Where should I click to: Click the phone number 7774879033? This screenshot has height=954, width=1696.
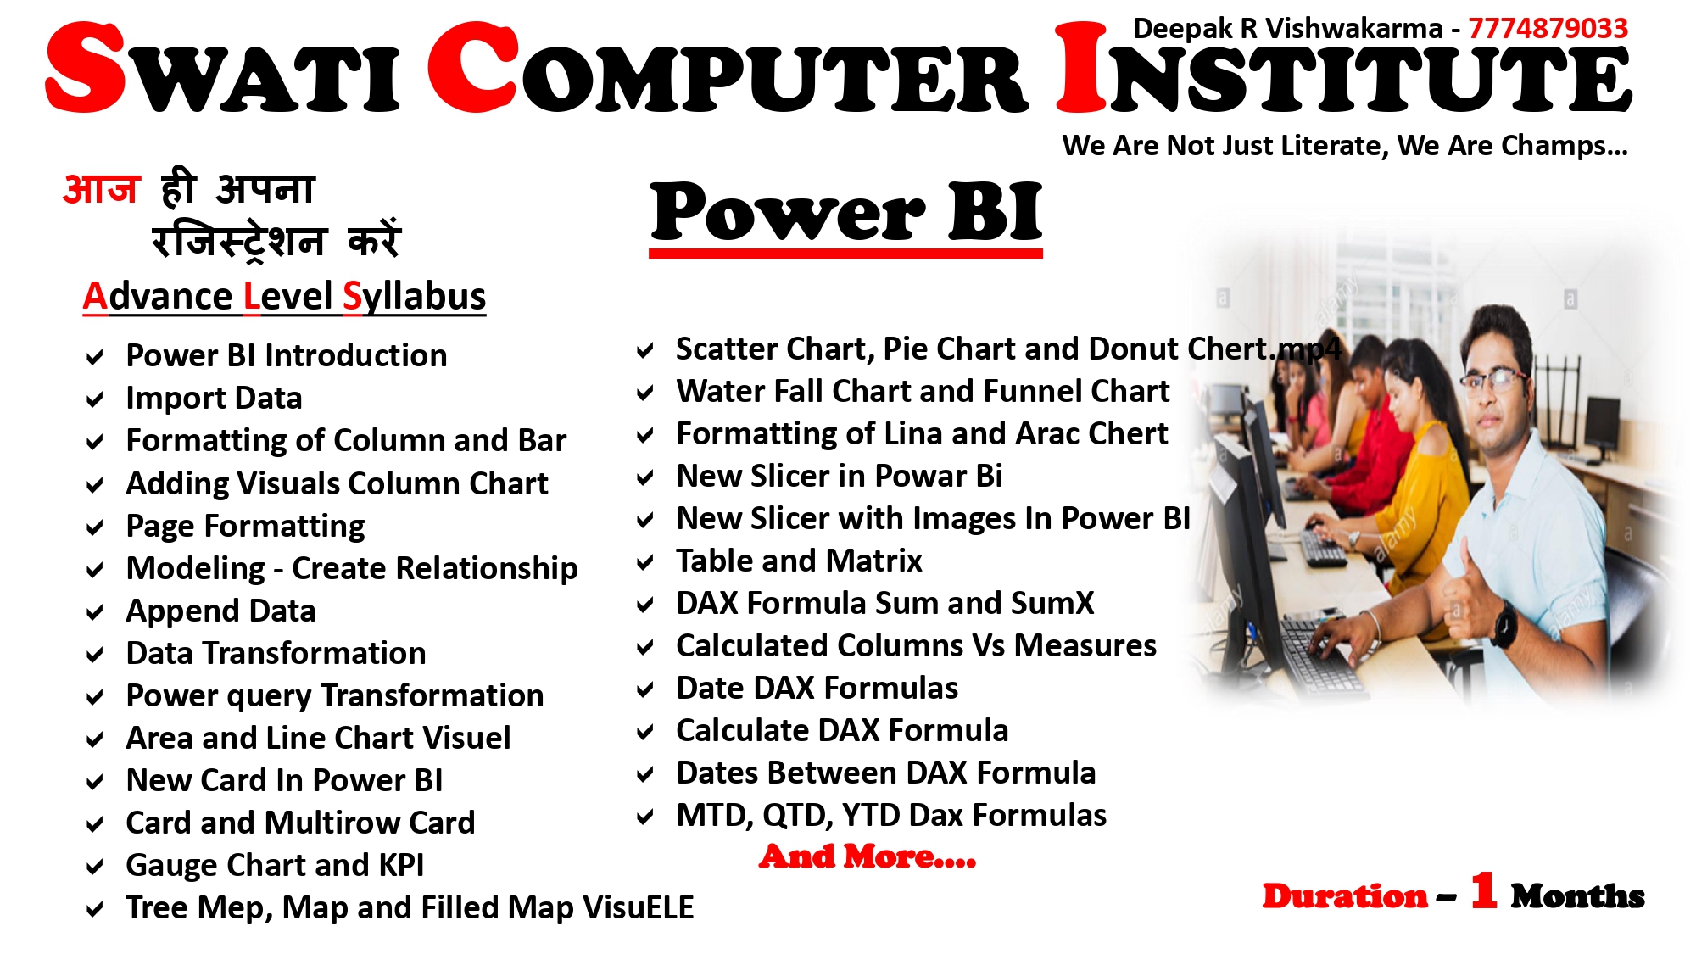[1548, 28]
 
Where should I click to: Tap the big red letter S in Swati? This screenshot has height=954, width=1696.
[86, 67]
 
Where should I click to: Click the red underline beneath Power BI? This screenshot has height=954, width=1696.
[845, 253]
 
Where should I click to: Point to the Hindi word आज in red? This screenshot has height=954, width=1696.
[101, 188]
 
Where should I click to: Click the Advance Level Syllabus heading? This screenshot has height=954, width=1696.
[284, 297]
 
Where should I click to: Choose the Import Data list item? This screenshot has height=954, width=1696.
[214, 398]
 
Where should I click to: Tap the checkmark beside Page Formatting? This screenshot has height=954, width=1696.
[95, 527]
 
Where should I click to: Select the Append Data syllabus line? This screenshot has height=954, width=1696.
[220, 611]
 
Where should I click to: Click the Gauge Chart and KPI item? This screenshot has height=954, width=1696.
[275, 865]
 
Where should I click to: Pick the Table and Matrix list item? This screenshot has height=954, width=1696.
[799, 561]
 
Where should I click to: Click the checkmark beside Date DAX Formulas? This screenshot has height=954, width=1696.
[645, 689]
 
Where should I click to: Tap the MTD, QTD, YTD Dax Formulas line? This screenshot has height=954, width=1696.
[891, 816]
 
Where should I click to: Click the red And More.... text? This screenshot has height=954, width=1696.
[868, 856]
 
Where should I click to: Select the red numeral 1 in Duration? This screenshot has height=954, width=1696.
[1483, 891]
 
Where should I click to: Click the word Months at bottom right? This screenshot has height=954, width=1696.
[1577, 895]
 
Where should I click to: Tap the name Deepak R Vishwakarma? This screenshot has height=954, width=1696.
[1287, 29]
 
